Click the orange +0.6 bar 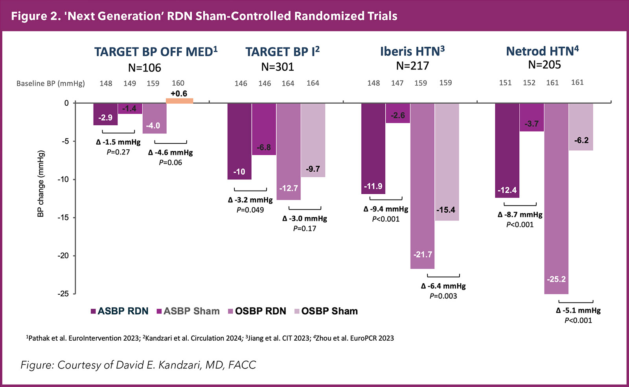point(179,101)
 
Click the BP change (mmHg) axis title point(41,183)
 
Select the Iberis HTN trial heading point(412,51)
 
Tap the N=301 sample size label point(278,67)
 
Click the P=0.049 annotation point(250,210)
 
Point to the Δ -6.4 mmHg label point(443,286)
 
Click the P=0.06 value point(171,162)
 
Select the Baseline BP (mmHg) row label point(51,83)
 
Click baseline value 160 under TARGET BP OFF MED point(178,83)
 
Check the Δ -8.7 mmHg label point(520,215)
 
